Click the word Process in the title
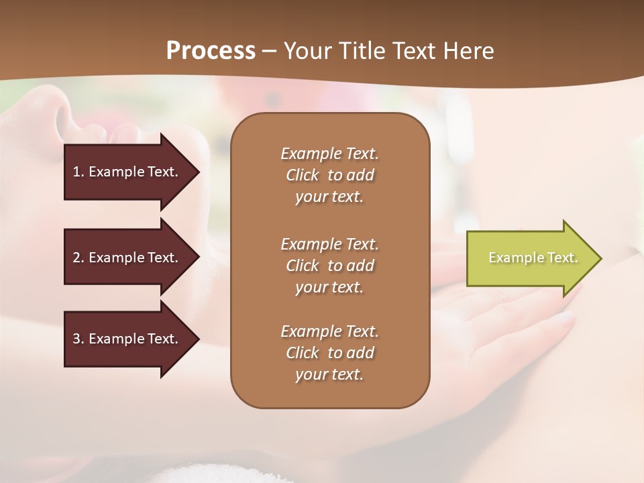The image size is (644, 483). (211, 51)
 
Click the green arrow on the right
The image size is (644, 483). (530, 258)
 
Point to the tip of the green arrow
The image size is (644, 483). (600, 258)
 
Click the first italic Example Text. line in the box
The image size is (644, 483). (329, 154)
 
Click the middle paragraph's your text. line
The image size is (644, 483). (329, 287)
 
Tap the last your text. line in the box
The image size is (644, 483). (329, 374)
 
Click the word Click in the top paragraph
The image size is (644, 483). (303, 175)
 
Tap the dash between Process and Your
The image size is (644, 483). (269, 51)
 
